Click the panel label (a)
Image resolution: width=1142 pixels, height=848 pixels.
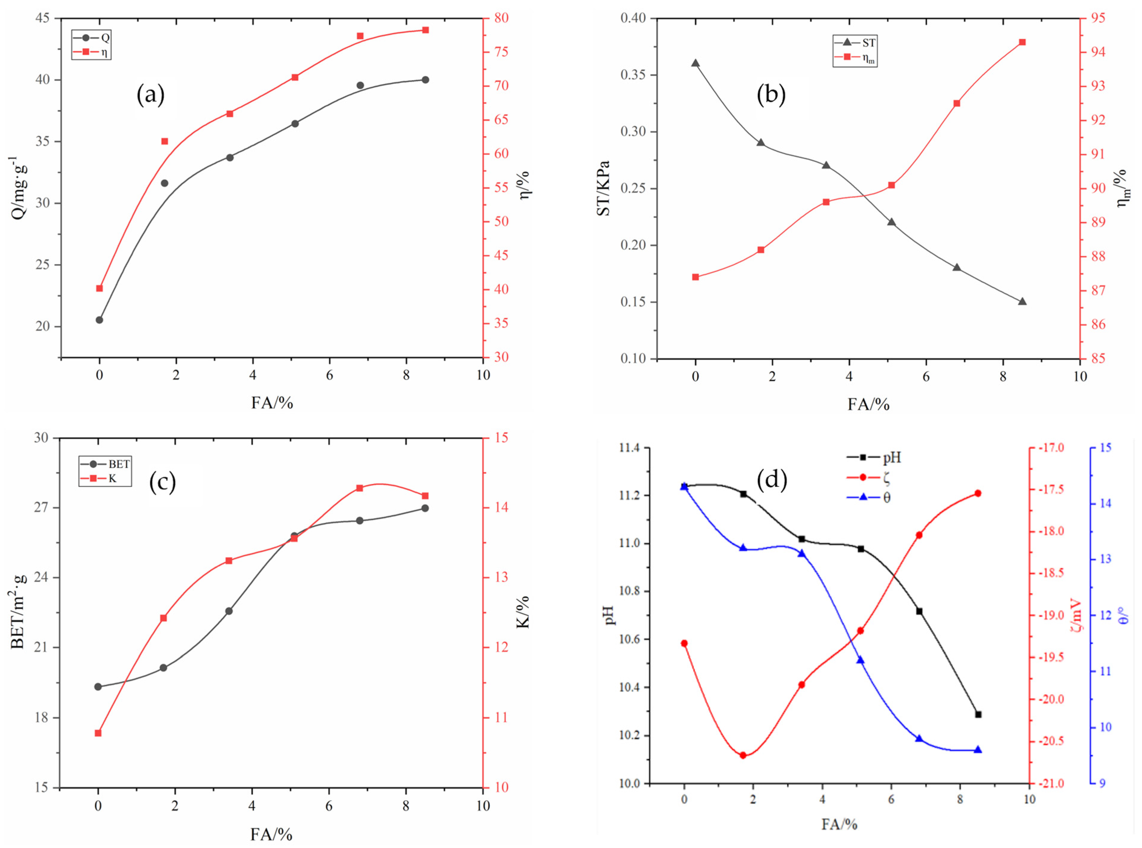point(150,95)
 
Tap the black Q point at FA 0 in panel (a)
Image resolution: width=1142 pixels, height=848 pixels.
point(99,320)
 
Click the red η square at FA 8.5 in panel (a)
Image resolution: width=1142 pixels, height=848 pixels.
point(425,30)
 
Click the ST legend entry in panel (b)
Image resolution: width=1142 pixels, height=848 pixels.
point(858,43)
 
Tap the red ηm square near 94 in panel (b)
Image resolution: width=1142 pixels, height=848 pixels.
point(1022,42)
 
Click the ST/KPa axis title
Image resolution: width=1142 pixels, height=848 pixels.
point(604,188)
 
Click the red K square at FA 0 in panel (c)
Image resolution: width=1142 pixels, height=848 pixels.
point(98,733)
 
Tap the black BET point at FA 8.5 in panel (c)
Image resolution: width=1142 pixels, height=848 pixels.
point(425,508)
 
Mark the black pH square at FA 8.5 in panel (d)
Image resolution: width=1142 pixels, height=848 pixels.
point(978,714)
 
